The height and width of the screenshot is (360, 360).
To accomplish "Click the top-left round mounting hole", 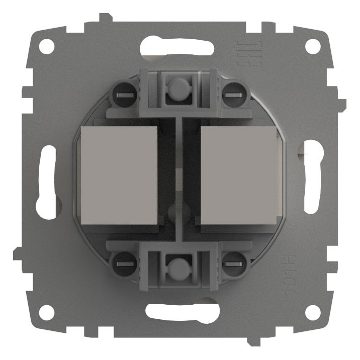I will point(47,46).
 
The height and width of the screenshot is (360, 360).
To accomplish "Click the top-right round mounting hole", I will point(313,46).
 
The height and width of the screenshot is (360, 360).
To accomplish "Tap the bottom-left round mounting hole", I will point(47,312).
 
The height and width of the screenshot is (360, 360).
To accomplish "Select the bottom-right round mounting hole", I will point(313,312).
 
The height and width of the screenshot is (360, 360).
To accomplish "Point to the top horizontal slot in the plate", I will point(180,48).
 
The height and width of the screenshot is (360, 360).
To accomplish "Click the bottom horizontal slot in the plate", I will point(180,311).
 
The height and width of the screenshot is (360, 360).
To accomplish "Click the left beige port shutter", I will point(119,174).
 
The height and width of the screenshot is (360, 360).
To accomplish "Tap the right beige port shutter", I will point(239,174).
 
